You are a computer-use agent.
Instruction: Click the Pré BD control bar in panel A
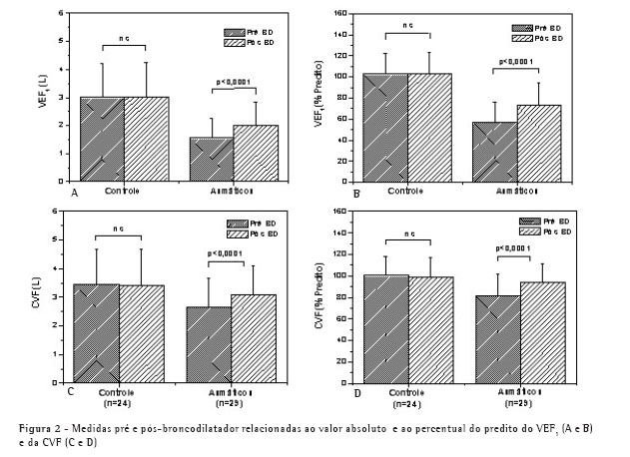tap(98, 139)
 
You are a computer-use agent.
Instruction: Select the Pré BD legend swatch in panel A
tap(231, 30)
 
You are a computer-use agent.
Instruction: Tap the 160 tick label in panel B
tap(339, 14)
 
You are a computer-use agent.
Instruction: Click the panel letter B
tap(356, 190)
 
